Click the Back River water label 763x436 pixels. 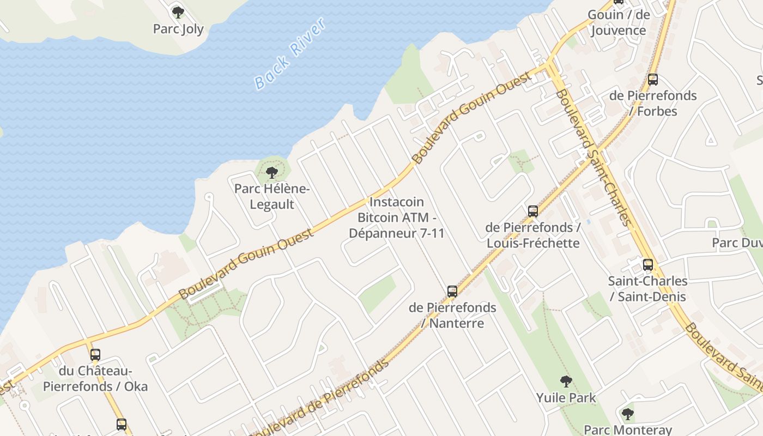290,53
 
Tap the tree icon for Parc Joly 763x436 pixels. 178,12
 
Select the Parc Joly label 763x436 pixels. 178,29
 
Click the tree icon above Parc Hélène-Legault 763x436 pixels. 272,173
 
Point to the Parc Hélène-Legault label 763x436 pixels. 272,197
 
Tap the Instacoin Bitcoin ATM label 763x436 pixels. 401,217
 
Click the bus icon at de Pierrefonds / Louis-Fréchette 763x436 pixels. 533,211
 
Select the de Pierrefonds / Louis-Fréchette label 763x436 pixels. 533,235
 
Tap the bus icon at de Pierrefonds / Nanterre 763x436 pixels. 452,292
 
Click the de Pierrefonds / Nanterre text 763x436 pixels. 452,315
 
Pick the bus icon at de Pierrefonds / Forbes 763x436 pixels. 653,80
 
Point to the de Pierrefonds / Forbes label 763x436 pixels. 653,103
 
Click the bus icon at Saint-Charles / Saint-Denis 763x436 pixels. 648,265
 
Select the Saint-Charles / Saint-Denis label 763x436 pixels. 648,289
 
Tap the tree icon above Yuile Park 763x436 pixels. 566,381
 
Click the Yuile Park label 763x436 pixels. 566,398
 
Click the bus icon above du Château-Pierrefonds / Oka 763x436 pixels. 95,355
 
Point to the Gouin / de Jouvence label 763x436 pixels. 619,22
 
